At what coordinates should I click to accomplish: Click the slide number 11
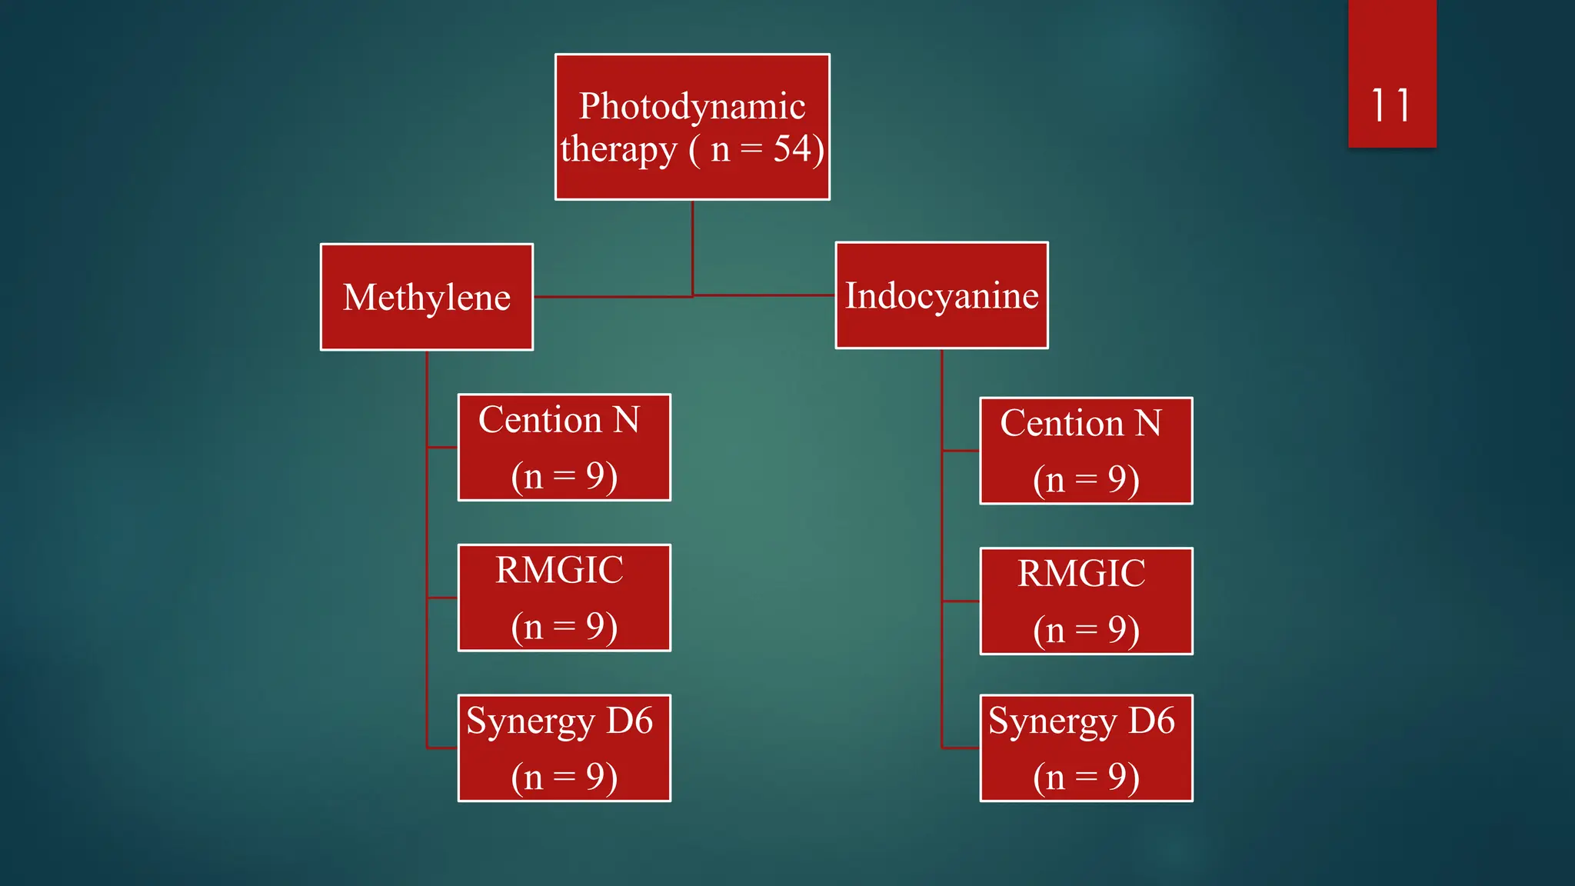point(1390,105)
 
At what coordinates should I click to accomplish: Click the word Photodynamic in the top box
point(692,105)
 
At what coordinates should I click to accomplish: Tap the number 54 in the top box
point(793,148)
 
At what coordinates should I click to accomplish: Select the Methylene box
point(427,297)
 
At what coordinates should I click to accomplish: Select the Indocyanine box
point(941,295)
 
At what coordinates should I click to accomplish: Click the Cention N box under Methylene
point(564,448)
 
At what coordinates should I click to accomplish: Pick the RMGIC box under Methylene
point(564,598)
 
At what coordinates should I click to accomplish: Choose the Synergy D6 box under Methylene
point(564,748)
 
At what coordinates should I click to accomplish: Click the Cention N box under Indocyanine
point(1086,451)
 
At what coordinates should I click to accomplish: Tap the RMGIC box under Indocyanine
point(1086,601)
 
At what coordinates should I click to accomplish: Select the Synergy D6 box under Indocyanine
point(1086,748)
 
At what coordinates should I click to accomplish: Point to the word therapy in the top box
point(618,150)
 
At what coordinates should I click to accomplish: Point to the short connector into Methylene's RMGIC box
point(442,598)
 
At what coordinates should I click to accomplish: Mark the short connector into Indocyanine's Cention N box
point(961,451)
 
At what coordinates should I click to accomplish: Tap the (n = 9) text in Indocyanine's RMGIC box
point(1086,630)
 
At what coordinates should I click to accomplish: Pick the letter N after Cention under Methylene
point(626,420)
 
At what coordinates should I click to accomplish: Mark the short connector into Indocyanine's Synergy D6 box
point(961,748)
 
